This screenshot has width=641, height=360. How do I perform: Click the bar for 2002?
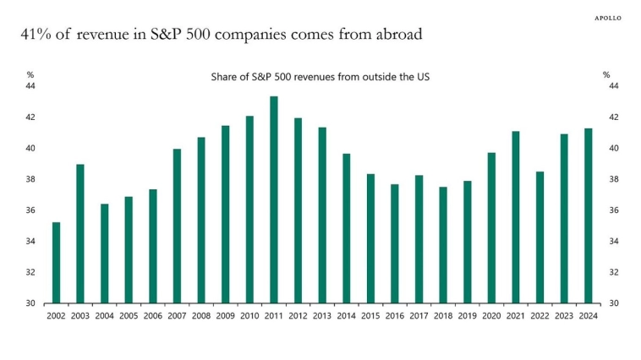(x=56, y=262)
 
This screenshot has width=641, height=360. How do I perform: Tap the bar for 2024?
(x=589, y=215)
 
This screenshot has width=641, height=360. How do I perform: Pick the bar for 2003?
(x=80, y=233)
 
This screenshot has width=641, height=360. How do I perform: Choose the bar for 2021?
(x=516, y=217)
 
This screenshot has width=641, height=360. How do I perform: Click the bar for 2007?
(x=177, y=226)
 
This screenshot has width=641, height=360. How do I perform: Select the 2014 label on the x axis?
(x=347, y=316)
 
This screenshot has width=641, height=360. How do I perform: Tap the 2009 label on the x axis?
(x=226, y=316)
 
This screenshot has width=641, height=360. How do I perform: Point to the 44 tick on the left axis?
(x=30, y=86)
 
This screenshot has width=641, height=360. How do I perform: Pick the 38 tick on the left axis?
(x=30, y=179)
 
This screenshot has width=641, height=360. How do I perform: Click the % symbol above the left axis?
(x=30, y=74)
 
